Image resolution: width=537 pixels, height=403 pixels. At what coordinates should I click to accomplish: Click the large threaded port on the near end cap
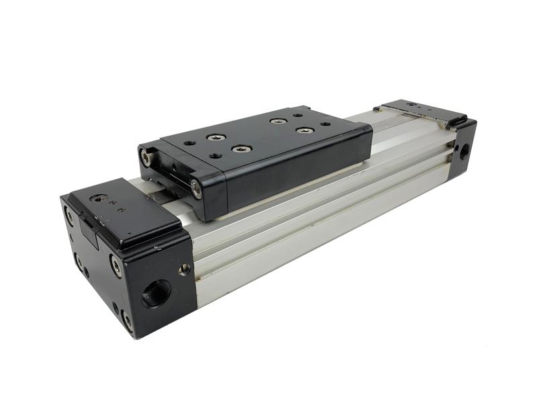click(156, 294)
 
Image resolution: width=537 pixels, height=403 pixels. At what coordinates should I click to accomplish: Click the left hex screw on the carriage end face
click(145, 159)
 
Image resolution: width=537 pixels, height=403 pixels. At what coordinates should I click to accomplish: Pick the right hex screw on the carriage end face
click(196, 188)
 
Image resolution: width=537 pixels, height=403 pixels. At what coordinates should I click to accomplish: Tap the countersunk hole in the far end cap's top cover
click(410, 106)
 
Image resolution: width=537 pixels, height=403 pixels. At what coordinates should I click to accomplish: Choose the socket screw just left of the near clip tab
click(69, 216)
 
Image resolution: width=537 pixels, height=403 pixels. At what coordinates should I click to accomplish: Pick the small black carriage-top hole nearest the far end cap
click(326, 125)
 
